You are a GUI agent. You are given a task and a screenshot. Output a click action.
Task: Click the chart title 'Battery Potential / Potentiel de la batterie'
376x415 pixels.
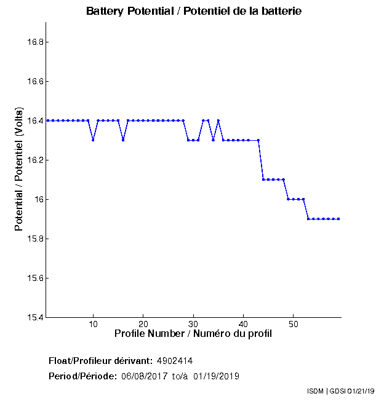[x=194, y=12]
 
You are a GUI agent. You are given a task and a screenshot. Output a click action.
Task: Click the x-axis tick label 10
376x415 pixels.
[x=93, y=324]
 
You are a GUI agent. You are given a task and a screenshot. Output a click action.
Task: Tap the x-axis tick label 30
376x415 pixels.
[x=193, y=324]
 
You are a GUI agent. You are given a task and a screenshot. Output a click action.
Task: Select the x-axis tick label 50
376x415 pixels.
[x=294, y=324]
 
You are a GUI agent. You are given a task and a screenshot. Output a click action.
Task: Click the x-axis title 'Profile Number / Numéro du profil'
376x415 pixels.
[x=193, y=334]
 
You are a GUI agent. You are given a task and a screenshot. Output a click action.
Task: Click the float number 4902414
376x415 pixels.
[x=179, y=360]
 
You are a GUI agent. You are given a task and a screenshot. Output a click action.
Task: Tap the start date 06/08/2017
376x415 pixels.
[x=143, y=376]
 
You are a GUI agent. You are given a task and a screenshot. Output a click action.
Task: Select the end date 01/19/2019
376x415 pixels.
[x=216, y=376]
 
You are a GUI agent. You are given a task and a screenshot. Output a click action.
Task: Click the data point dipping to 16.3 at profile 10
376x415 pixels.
[x=93, y=140]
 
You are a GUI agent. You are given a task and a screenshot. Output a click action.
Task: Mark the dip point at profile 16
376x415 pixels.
[x=123, y=140]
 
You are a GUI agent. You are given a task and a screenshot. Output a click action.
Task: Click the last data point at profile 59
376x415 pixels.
[x=338, y=219]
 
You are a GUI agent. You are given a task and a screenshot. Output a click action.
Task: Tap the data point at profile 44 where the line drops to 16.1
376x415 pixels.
[x=263, y=180]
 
